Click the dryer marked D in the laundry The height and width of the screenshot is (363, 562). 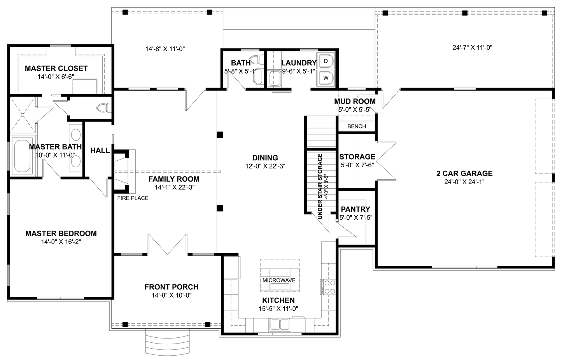click(326, 61)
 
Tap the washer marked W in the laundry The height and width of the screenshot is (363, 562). click(326, 77)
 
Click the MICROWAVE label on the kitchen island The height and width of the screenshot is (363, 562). click(279, 280)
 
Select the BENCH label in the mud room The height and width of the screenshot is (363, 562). click(356, 126)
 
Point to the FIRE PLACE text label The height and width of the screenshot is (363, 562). click(133, 198)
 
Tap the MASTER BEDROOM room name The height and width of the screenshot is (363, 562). click(61, 233)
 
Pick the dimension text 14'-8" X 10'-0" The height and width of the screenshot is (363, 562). click(171, 295)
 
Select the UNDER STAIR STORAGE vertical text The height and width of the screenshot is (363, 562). click(320, 186)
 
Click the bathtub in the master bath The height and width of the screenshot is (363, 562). click(22, 156)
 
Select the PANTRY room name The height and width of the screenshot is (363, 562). click(355, 209)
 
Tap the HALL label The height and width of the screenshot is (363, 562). click(100, 150)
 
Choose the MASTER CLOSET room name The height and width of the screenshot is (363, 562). click(56, 68)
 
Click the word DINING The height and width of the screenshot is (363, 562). click(265, 158)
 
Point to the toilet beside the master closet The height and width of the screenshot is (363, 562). click(104, 108)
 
